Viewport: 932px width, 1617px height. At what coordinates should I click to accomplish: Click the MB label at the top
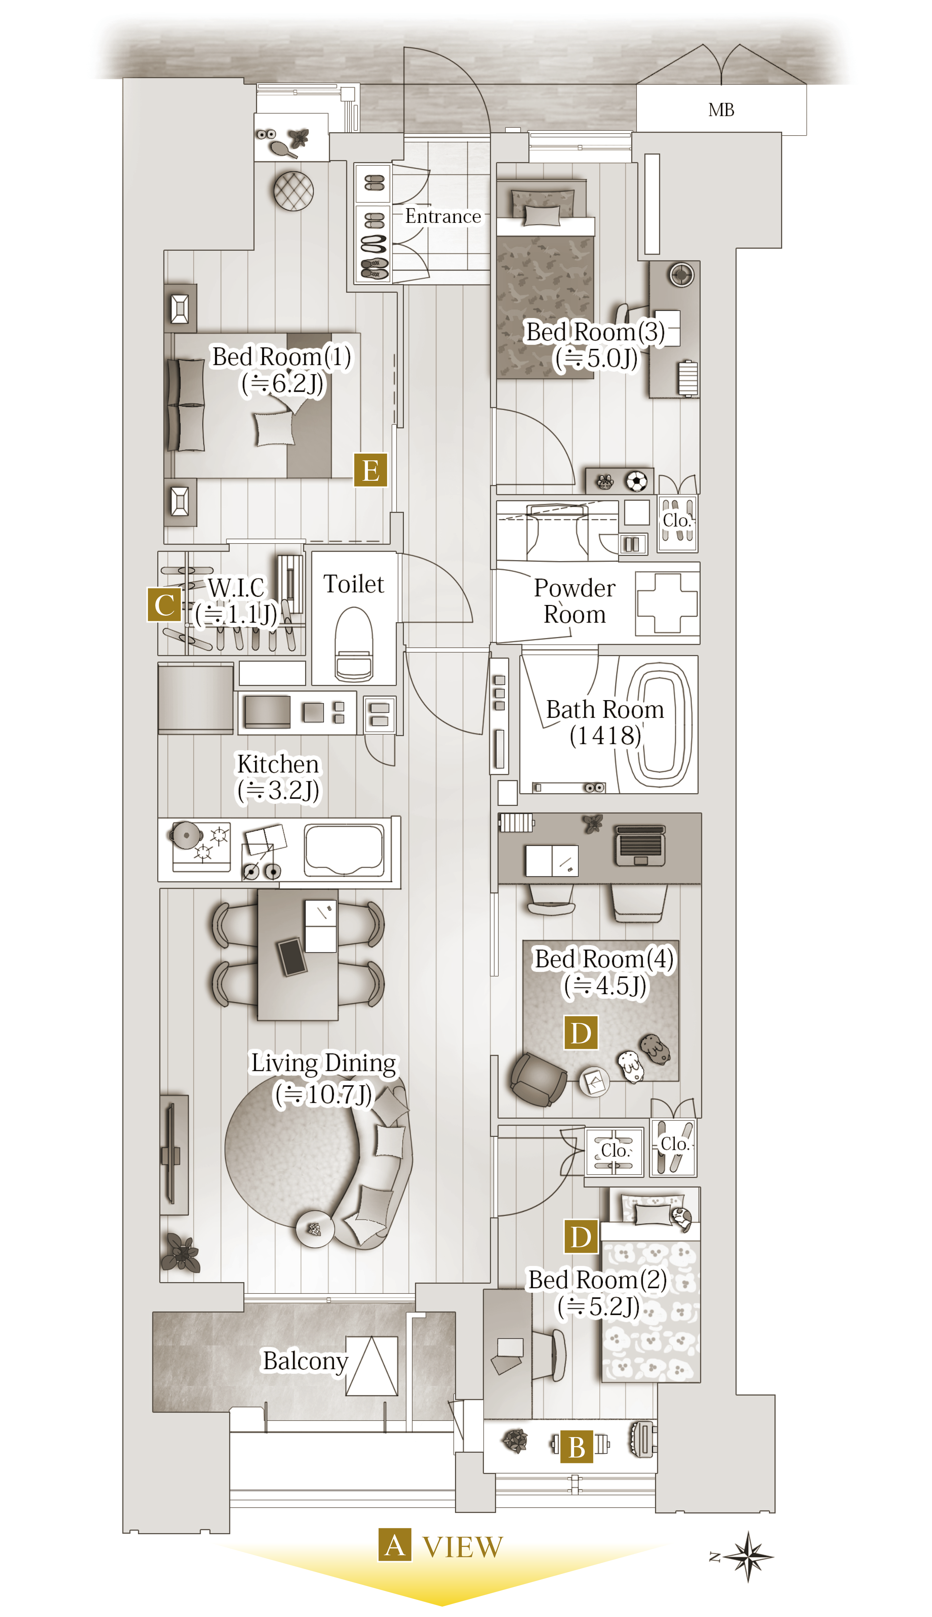click(x=721, y=110)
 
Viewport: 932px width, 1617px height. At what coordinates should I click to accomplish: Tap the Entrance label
click(x=443, y=216)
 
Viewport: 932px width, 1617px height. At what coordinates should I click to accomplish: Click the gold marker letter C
click(x=164, y=604)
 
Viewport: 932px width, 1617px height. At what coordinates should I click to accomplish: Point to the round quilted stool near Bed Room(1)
click(x=293, y=191)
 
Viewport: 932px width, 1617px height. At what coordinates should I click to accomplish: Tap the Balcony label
click(x=305, y=1360)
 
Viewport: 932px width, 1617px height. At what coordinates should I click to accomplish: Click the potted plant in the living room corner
click(x=181, y=1252)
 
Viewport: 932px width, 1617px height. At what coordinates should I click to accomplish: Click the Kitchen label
click(x=278, y=764)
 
